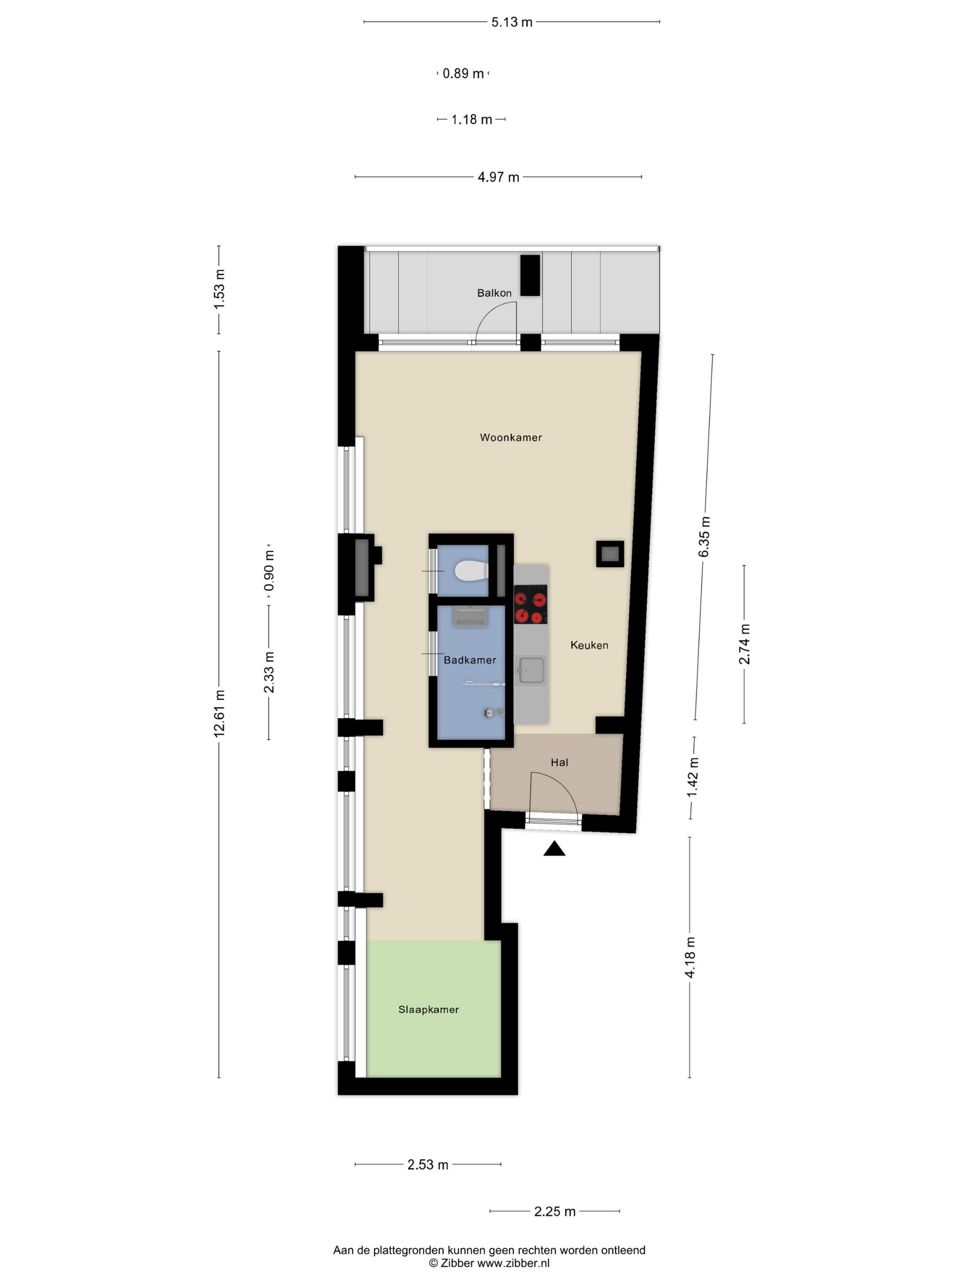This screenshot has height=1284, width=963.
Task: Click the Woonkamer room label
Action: click(510, 437)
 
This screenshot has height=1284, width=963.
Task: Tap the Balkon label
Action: click(494, 293)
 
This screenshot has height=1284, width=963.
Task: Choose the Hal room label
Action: click(559, 763)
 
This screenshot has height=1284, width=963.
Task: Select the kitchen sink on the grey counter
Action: click(531, 670)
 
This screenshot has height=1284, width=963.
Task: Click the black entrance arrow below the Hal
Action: click(554, 849)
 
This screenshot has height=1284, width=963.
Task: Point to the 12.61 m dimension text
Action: click(219, 714)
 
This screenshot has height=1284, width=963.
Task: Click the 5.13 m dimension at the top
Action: click(511, 22)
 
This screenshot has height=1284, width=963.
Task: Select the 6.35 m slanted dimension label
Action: click(703, 537)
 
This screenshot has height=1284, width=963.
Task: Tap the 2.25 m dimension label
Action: click(554, 1212)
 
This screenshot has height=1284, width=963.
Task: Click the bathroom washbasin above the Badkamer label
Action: click(470, 616)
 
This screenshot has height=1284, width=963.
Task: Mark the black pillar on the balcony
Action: click(530, 275)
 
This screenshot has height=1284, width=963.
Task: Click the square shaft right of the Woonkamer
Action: click(609, 554)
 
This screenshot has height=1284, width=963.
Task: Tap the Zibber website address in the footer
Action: click(513, 1263)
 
